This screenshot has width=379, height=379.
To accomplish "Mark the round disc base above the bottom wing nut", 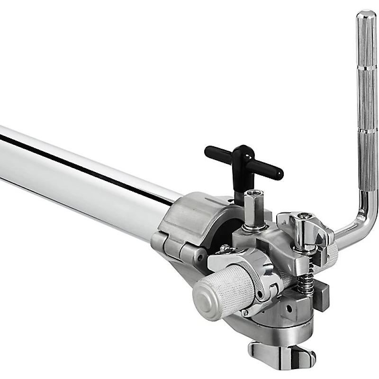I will tap(280, 332).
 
